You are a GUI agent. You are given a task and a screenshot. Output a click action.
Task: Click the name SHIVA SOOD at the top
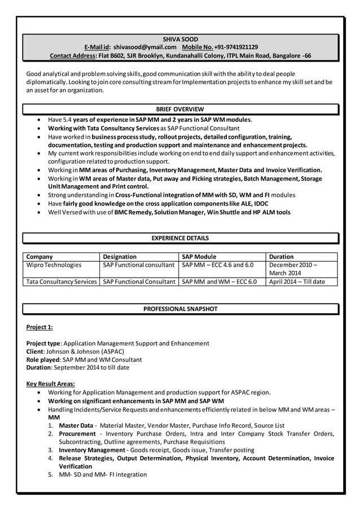click(180, 39)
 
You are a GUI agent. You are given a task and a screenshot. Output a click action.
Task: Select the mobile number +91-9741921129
click(236, 47)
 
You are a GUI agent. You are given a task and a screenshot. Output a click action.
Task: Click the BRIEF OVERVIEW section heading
click(180, 109)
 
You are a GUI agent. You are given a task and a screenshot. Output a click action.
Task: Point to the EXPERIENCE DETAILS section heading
click(180, 238)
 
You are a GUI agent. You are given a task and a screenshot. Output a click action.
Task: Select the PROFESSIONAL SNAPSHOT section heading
click(180, 309)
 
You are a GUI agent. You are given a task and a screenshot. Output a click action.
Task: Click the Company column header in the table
click(40, 256)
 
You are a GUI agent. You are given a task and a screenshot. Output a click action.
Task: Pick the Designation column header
click(120, 256)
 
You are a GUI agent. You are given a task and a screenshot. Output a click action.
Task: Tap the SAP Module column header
click(199, 256)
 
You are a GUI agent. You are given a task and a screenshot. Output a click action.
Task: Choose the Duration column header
click(282, 256)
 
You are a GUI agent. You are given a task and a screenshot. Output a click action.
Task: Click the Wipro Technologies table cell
click(54, 265)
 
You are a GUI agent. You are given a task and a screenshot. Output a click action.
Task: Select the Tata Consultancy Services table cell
click(62, 282)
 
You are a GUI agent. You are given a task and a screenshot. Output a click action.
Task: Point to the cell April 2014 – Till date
click(297, 282)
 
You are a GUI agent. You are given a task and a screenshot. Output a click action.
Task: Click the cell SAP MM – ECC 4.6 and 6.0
click(218, 265)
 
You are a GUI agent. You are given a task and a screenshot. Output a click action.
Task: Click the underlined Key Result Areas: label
click(51, 384)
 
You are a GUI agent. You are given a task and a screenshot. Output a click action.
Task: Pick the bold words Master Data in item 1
click(76, 425)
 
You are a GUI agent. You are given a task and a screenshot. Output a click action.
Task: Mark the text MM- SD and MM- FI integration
click(103, 475)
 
